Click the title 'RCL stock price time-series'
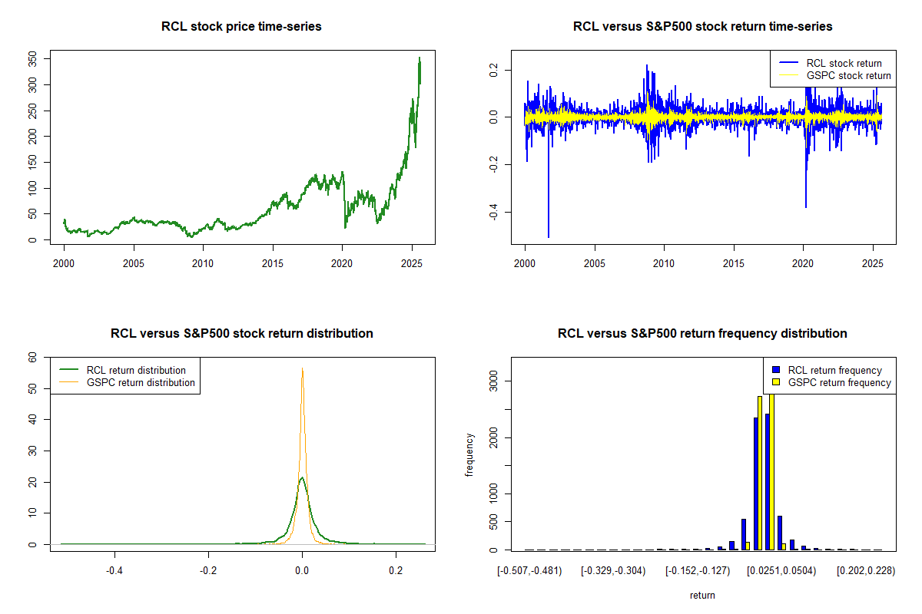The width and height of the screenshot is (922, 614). tap(241, 27)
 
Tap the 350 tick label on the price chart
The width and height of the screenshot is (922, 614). tap(32, 58)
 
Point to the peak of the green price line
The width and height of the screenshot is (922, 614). tap(419, 58)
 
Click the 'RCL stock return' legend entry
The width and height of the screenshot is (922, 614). tap(844, 63)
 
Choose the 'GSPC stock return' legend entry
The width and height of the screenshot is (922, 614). tap(848, 75)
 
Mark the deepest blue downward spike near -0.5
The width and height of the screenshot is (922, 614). tap(549, 236)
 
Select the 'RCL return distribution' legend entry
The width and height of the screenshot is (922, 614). tap(136, 370)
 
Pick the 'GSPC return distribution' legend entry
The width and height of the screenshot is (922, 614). tap(141, 382)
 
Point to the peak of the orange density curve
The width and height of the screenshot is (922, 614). tap(303, 368)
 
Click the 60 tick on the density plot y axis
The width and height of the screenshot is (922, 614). tap(32, 358)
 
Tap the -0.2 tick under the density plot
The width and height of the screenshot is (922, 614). tap(208, 571)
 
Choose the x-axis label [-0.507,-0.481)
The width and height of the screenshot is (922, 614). tap(529, 571)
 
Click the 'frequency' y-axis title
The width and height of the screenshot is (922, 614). tap(469, 454)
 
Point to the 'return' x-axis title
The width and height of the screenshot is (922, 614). tap(702, 595)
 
